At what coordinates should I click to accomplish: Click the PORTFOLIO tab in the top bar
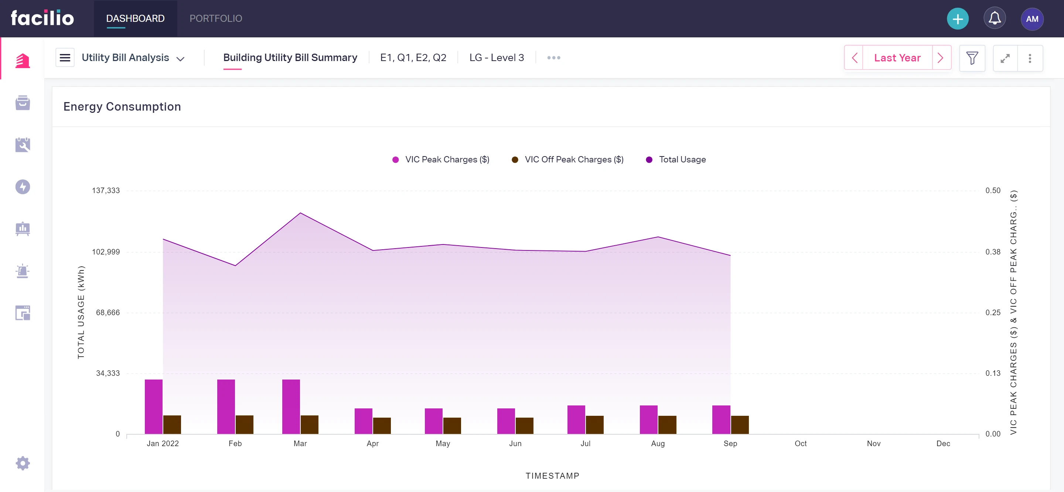[x=216, y=18]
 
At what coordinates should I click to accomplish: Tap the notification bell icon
[x=995, y=18]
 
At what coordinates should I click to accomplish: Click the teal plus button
[x=958, y=19]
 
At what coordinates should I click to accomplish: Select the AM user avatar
[x=1032, y=19]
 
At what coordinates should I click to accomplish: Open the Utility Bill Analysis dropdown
[x=133, y=58]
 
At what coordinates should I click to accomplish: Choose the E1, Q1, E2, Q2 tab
[x=413, y=58]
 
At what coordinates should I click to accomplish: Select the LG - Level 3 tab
[x=497, y=58]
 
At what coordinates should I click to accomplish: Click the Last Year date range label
[x=897, y=58]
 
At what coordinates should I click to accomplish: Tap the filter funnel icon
[x=972, y=58]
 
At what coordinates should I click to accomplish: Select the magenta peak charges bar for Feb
[x=226, y=407]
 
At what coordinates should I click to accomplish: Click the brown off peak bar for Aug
[x=667, y=425]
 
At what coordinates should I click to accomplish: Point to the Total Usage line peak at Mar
[x=300, y=213]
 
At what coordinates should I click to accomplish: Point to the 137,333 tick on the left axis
[x=106, y=191]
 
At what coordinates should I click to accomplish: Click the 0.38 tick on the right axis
[x=993, y=252]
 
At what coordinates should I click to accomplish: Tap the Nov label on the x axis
[x=874, y=444]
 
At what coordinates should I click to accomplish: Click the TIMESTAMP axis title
[x=552, y=476]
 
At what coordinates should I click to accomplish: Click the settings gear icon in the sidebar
[x=23, y=463]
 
